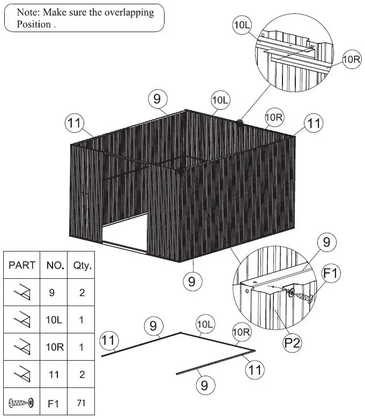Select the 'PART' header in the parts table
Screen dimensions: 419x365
tap(22, 264)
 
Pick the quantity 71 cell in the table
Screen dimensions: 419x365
tap(81, 402)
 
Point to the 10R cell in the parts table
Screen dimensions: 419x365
tap(54, 347)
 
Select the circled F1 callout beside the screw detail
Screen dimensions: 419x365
tap(331, 275)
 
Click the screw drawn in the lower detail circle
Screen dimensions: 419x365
tap(303, 295)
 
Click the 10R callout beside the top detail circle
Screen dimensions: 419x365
tap(352, 59)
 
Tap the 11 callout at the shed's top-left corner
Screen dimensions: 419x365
tap(75, 123)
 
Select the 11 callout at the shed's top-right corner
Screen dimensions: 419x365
tap(314, 123)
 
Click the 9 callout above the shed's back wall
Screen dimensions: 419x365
tap(157, 98)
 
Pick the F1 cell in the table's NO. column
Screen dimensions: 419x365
tap(54, 402)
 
